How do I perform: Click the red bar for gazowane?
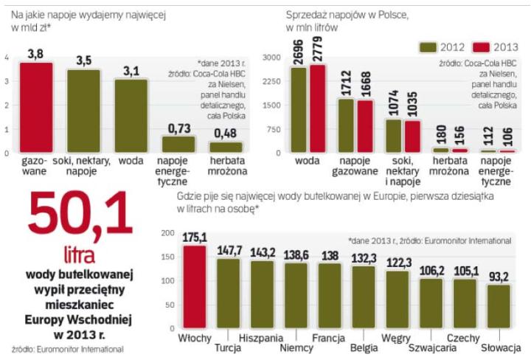point(36,108)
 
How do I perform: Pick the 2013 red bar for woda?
point(318,108)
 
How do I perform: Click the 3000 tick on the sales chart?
point(273,57)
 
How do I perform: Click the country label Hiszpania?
point(261,338)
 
